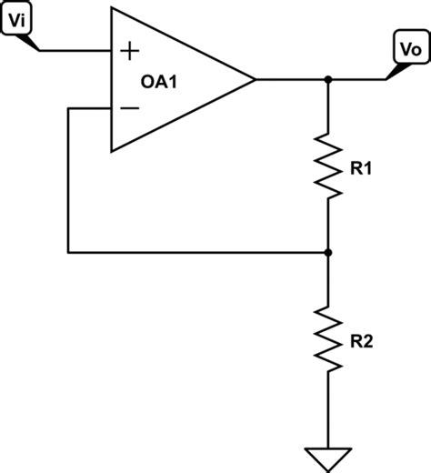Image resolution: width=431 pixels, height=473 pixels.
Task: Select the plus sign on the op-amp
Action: [129, 50]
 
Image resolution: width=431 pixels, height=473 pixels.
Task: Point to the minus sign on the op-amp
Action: [129, 109]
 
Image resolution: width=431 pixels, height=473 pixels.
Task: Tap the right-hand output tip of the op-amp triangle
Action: [254, 80]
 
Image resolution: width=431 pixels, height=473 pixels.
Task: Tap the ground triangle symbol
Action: [328, 457]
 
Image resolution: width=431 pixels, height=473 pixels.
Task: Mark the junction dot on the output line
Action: [328, 80]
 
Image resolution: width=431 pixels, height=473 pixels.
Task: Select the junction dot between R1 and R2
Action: [328, 252]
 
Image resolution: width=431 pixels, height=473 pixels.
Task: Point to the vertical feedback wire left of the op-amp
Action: [68, 182]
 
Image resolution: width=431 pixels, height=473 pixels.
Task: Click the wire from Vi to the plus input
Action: [77, 50]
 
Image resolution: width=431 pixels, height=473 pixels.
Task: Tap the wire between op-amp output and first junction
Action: [291, 80]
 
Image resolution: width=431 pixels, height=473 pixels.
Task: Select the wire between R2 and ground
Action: [328, 414]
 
